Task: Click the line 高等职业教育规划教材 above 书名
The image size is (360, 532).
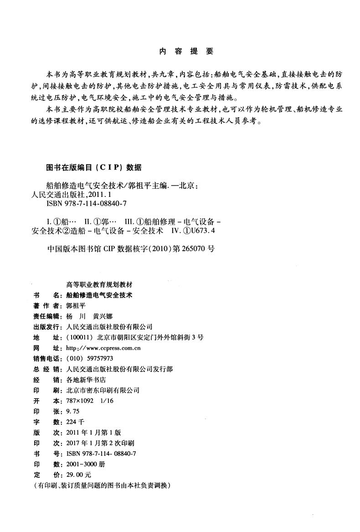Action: click(x=100, y=285)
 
